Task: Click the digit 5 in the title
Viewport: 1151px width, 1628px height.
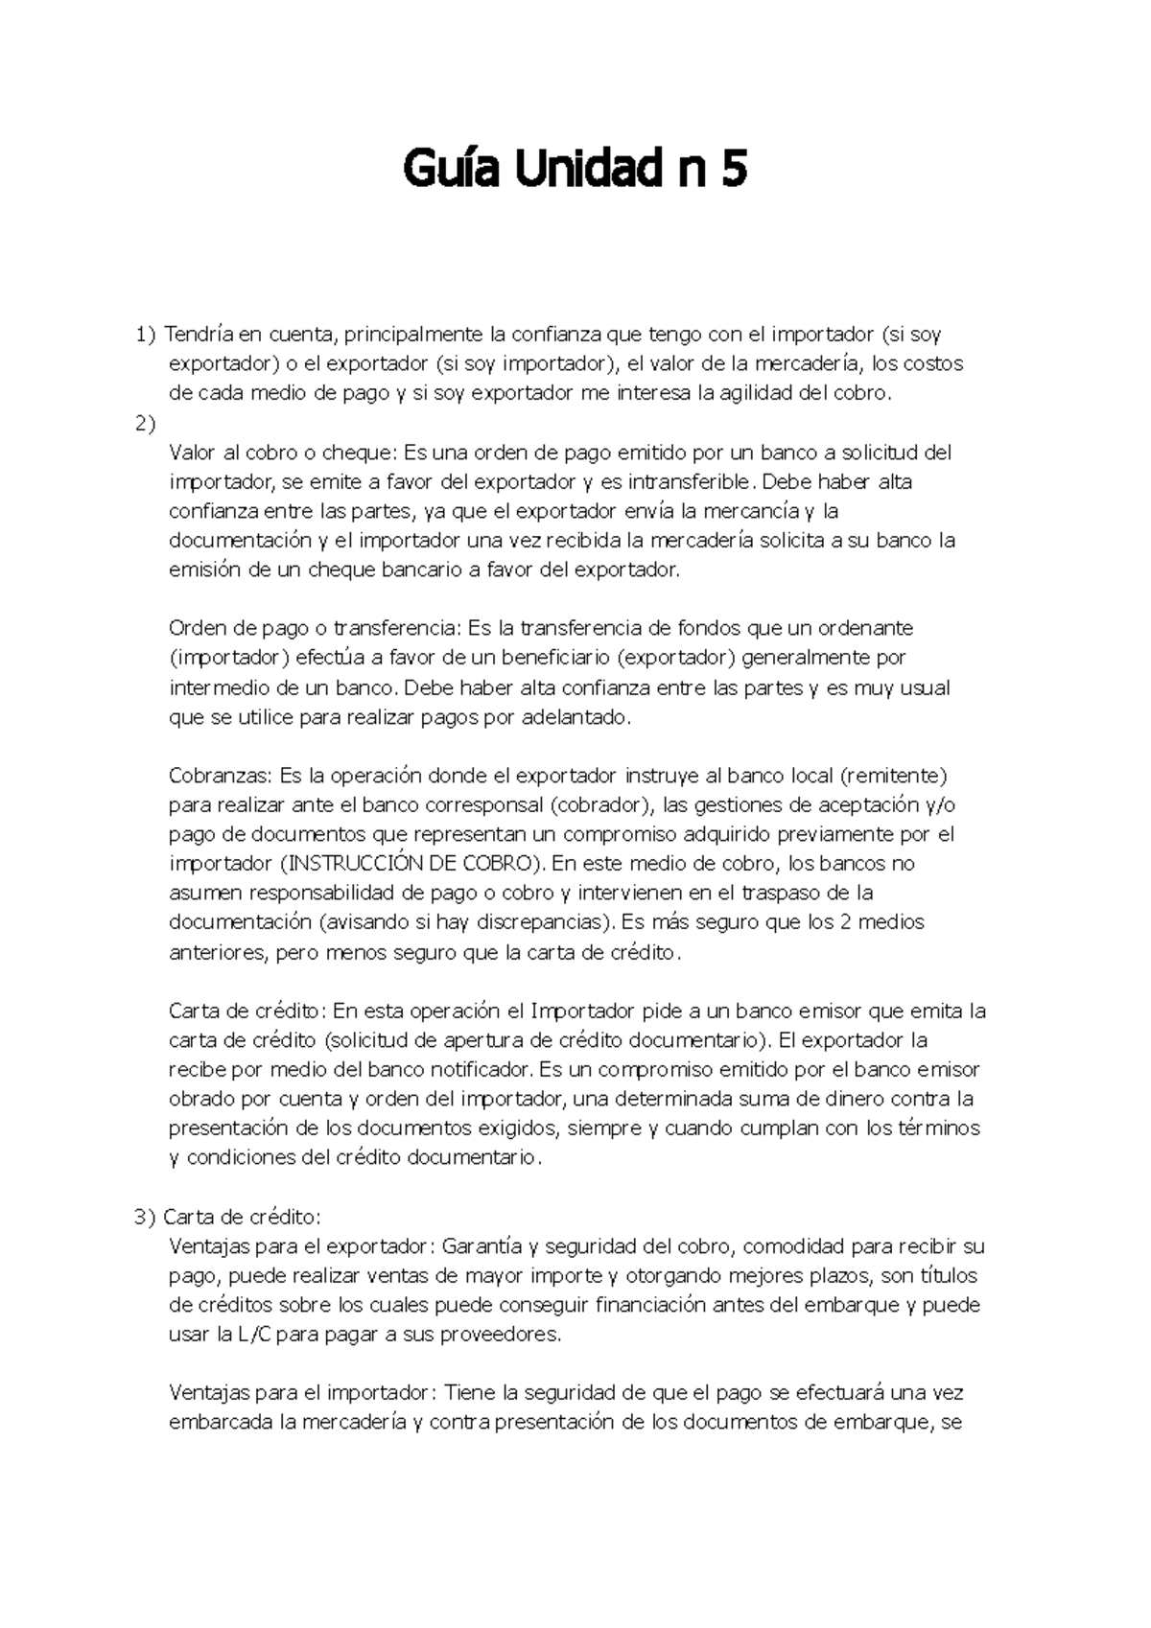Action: tap(732, 173)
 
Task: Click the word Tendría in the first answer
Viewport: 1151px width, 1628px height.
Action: tap(199, 335)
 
